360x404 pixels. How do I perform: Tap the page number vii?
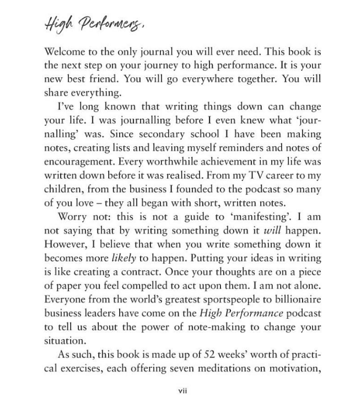tap(180, 390)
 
